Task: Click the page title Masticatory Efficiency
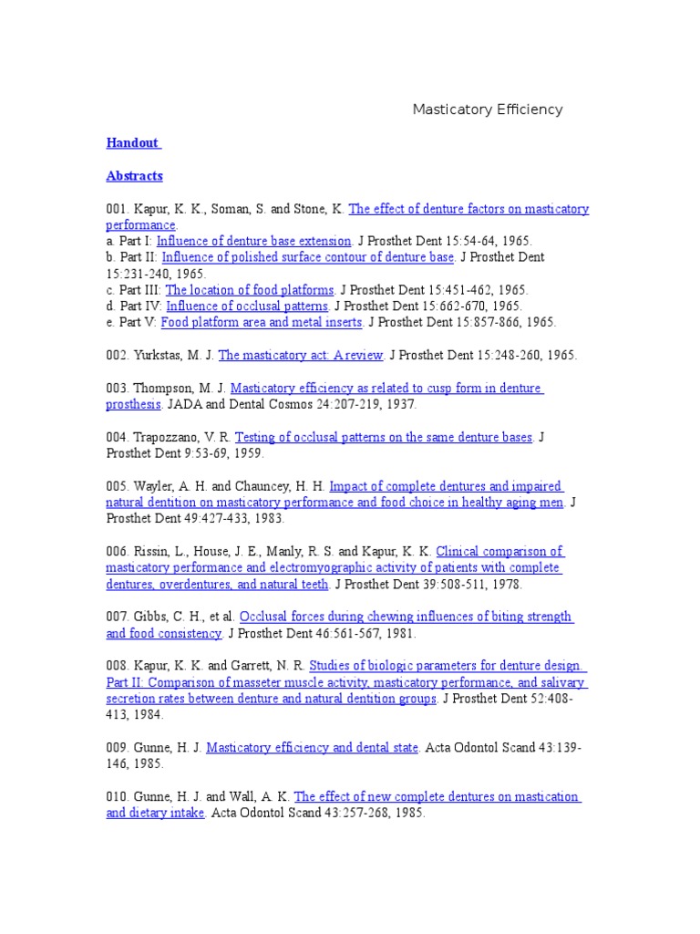click(488, 109)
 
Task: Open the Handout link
click(132, 143)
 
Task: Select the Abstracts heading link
click(134, 176)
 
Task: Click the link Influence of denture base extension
click(253, 241)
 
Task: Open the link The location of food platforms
click(250, 290)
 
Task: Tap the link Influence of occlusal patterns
click(247, 306)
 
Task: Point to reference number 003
click(118, 389)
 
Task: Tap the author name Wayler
click(156, 486)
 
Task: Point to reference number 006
click(118, 552)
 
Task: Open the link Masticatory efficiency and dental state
click(312, 748)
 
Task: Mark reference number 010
click(118, 796)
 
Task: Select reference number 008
click(118, 666)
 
